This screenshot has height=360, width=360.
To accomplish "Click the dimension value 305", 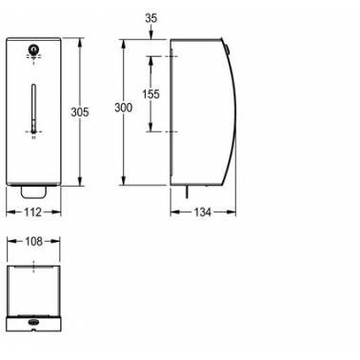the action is click(x=80, y=112).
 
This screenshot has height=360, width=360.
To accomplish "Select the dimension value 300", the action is click(x=124, y=108).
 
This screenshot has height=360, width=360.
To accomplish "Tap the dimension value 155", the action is click(x=150, y=94).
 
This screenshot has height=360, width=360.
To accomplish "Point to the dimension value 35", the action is click(x=150, y=18).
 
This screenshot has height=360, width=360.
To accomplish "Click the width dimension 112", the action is click(x=33, y=212).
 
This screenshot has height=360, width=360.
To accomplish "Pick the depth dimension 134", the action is click(x=203, y=212).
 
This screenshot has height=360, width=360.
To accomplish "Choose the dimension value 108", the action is click(x=33, y=242).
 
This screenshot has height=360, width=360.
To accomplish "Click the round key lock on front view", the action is click(x=33, y=50).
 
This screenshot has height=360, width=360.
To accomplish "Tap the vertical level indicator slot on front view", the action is click(x=33, y=108).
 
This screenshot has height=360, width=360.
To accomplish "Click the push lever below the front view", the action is click(x=33, y=192).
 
